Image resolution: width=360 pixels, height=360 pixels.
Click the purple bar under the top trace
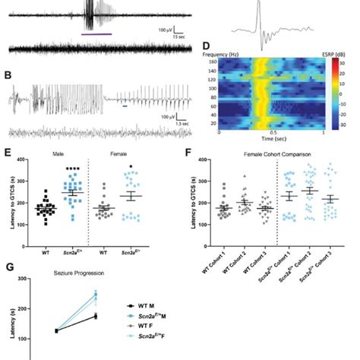coord(97,34)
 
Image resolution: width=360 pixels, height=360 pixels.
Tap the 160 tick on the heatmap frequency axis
coord(212,63)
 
